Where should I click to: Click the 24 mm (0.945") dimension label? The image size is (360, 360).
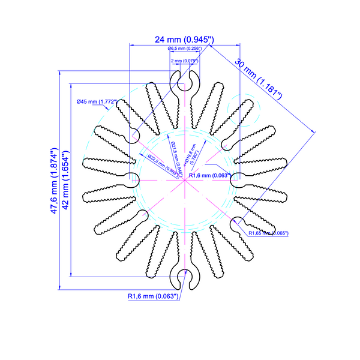(x=185, y=40)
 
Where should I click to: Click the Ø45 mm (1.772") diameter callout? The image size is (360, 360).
(x=97, y=101)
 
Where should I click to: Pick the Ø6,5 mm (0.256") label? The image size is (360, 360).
(x=184, y=48)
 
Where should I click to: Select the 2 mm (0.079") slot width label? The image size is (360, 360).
(x=185, y=61)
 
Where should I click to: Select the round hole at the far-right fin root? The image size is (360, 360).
(x=236, y=179)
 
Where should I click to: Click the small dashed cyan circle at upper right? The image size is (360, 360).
(x=248, y=109)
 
